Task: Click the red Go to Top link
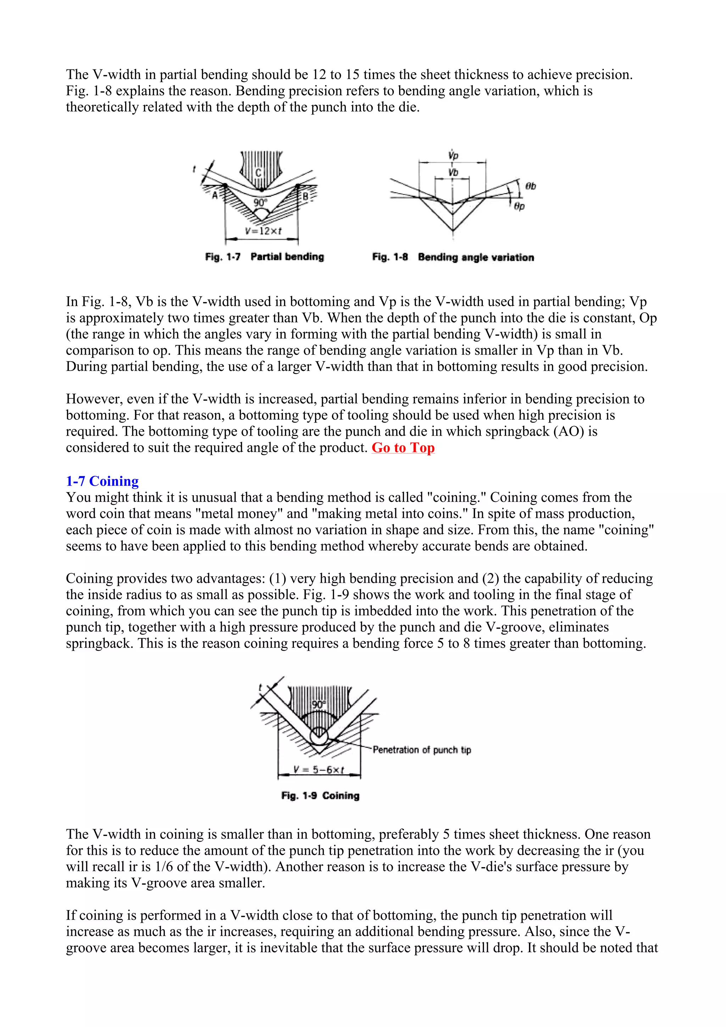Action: [403, 448]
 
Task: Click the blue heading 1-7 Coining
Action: [102, 481]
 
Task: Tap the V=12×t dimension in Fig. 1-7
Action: [263, 231]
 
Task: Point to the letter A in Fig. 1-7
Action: [215, 195]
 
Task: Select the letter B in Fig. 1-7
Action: [306, 196]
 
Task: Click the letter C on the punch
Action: [258, 173]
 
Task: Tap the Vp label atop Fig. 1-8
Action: [453, 156]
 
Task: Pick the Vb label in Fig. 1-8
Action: [453, 173]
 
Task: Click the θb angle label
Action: [531, 186]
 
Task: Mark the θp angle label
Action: [519, 206]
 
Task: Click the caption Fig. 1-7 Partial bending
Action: [264, 257]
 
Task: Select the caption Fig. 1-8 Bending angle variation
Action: [453, 257]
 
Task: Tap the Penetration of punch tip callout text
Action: [422, 750]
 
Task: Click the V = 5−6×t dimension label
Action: [318, 770]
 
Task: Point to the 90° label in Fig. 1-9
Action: [318, 704]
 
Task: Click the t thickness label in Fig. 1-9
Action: [260, 687]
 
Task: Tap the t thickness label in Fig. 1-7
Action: [194, 169]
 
